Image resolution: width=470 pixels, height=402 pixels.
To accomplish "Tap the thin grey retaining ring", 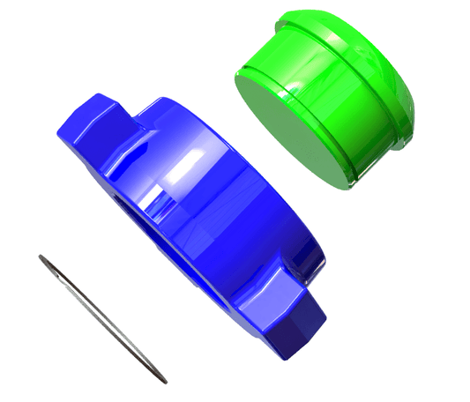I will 101,317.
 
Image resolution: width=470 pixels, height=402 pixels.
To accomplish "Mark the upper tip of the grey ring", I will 41,257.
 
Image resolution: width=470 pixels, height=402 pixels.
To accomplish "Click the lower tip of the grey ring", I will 164,380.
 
